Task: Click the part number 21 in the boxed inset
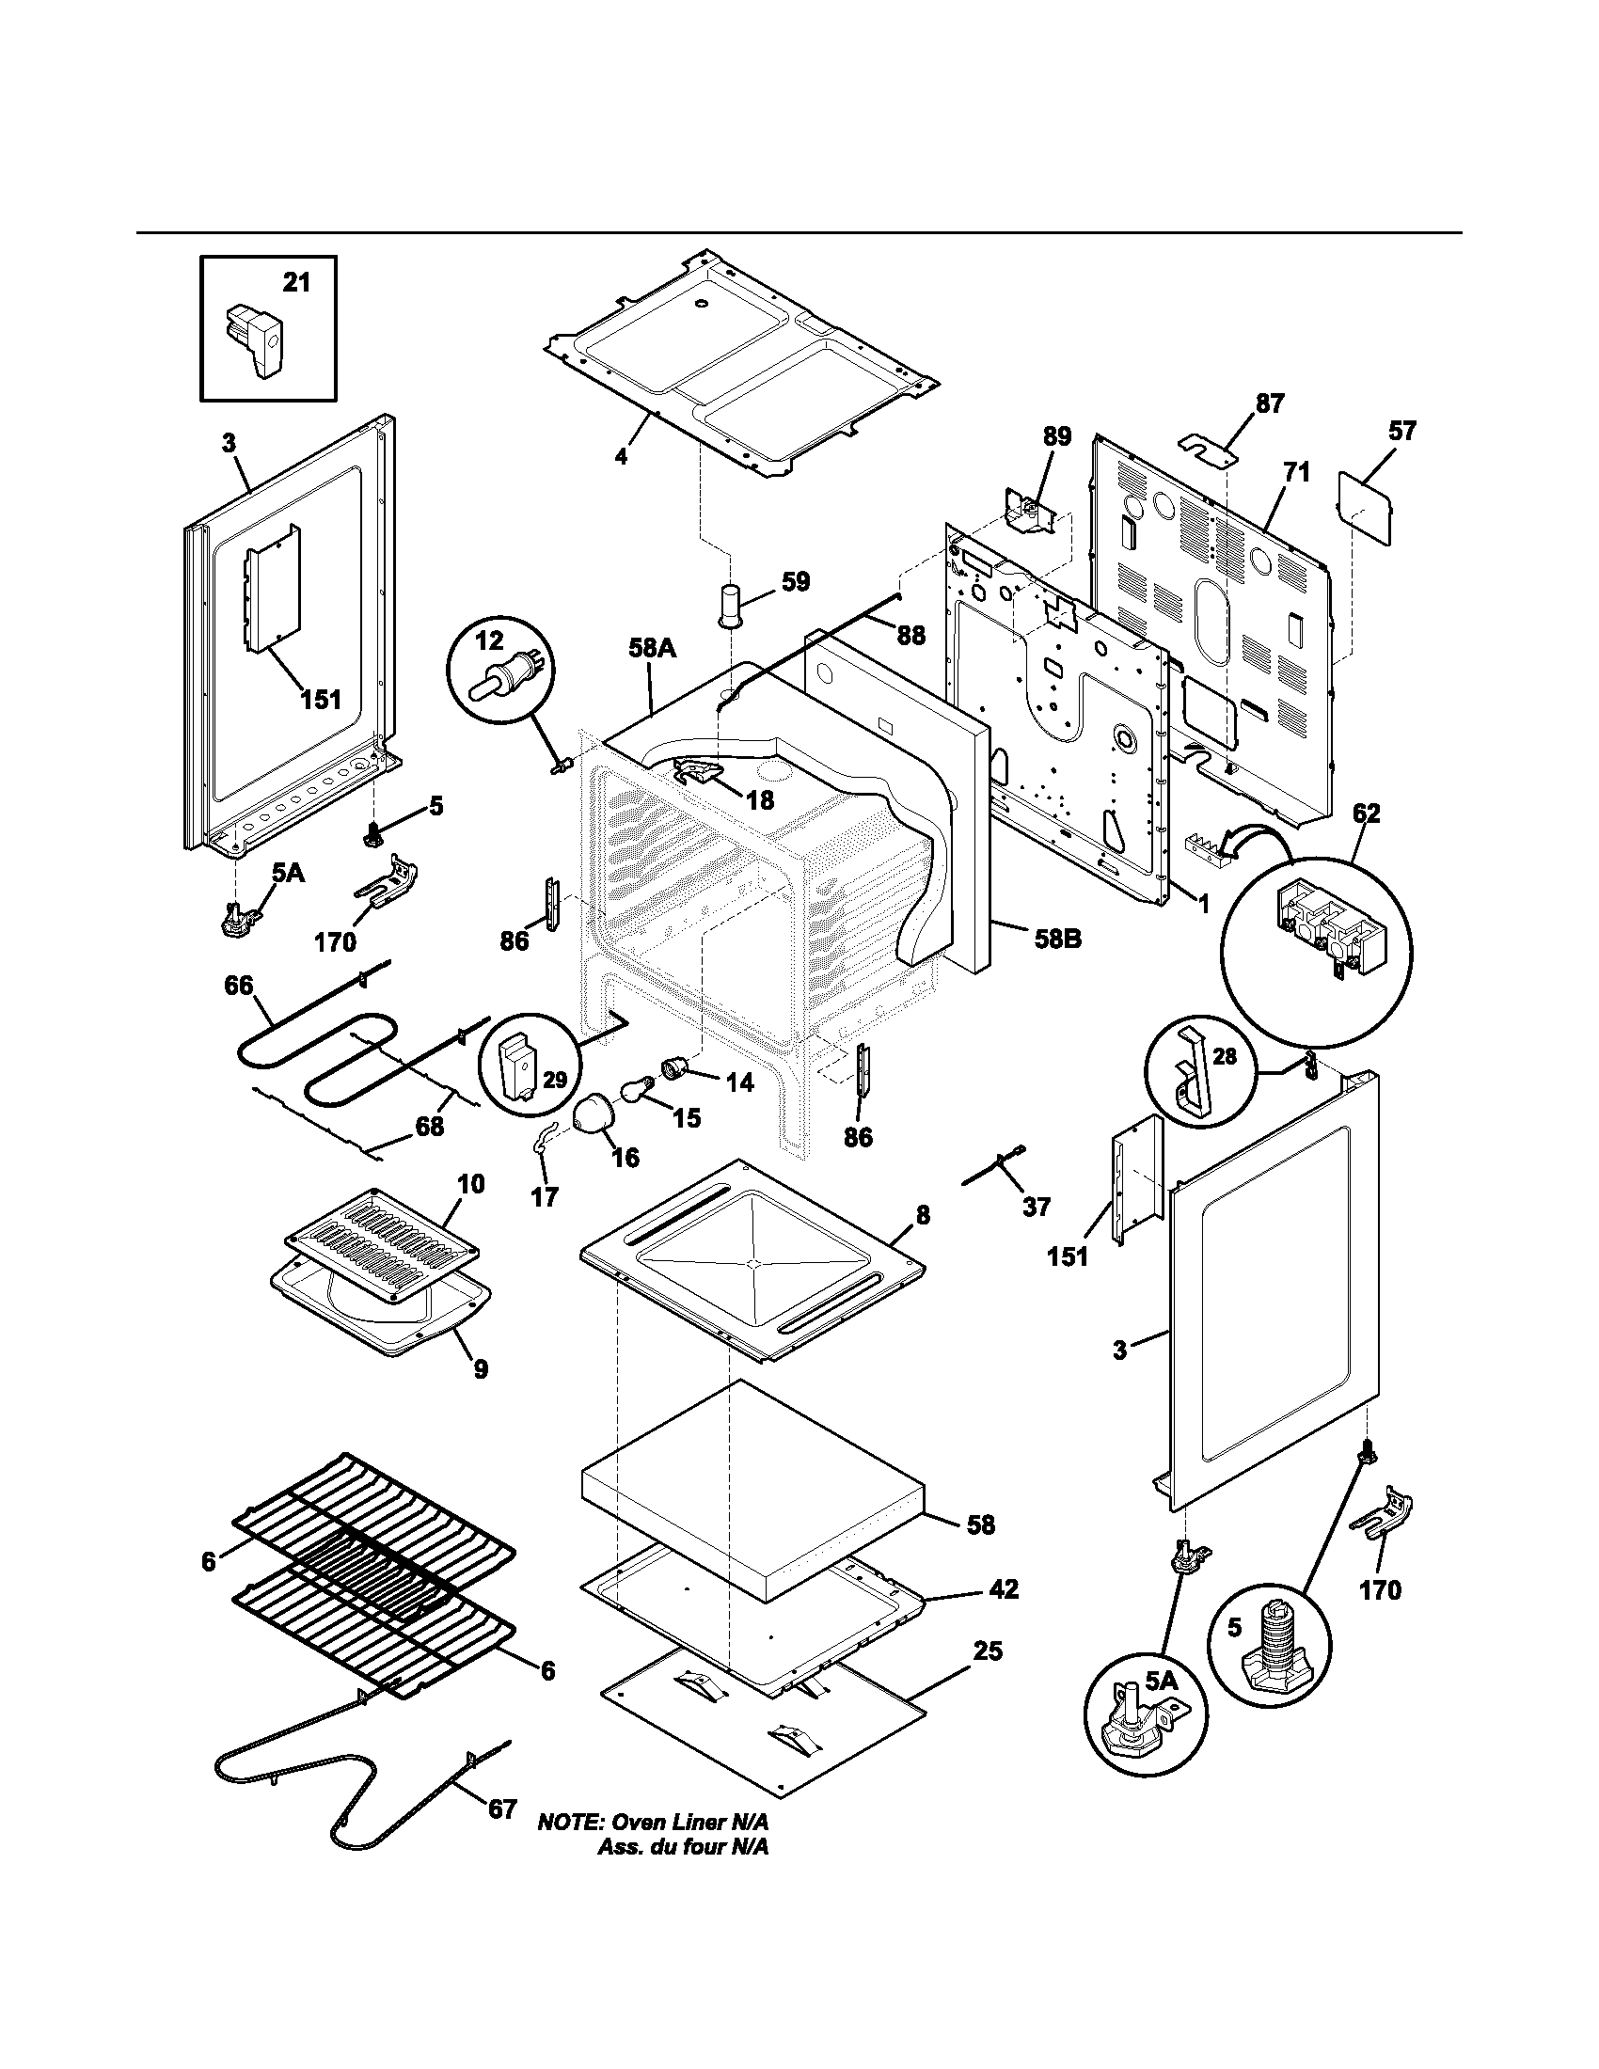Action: (x=296, y=282)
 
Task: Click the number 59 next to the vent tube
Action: (x=796, y=581)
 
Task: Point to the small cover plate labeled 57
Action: (x=1365, y=508)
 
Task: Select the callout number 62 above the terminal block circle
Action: (x=1366, y=813)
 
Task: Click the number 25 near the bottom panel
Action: (x=987, y=1651)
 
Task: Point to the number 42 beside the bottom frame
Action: (x=1004, y=1589)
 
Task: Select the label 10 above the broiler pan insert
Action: (x=471, y=1184)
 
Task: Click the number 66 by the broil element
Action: (x=239, y=987)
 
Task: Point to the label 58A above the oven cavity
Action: (x=652, y=648)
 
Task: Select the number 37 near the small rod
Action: (x=1037, y=1207)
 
